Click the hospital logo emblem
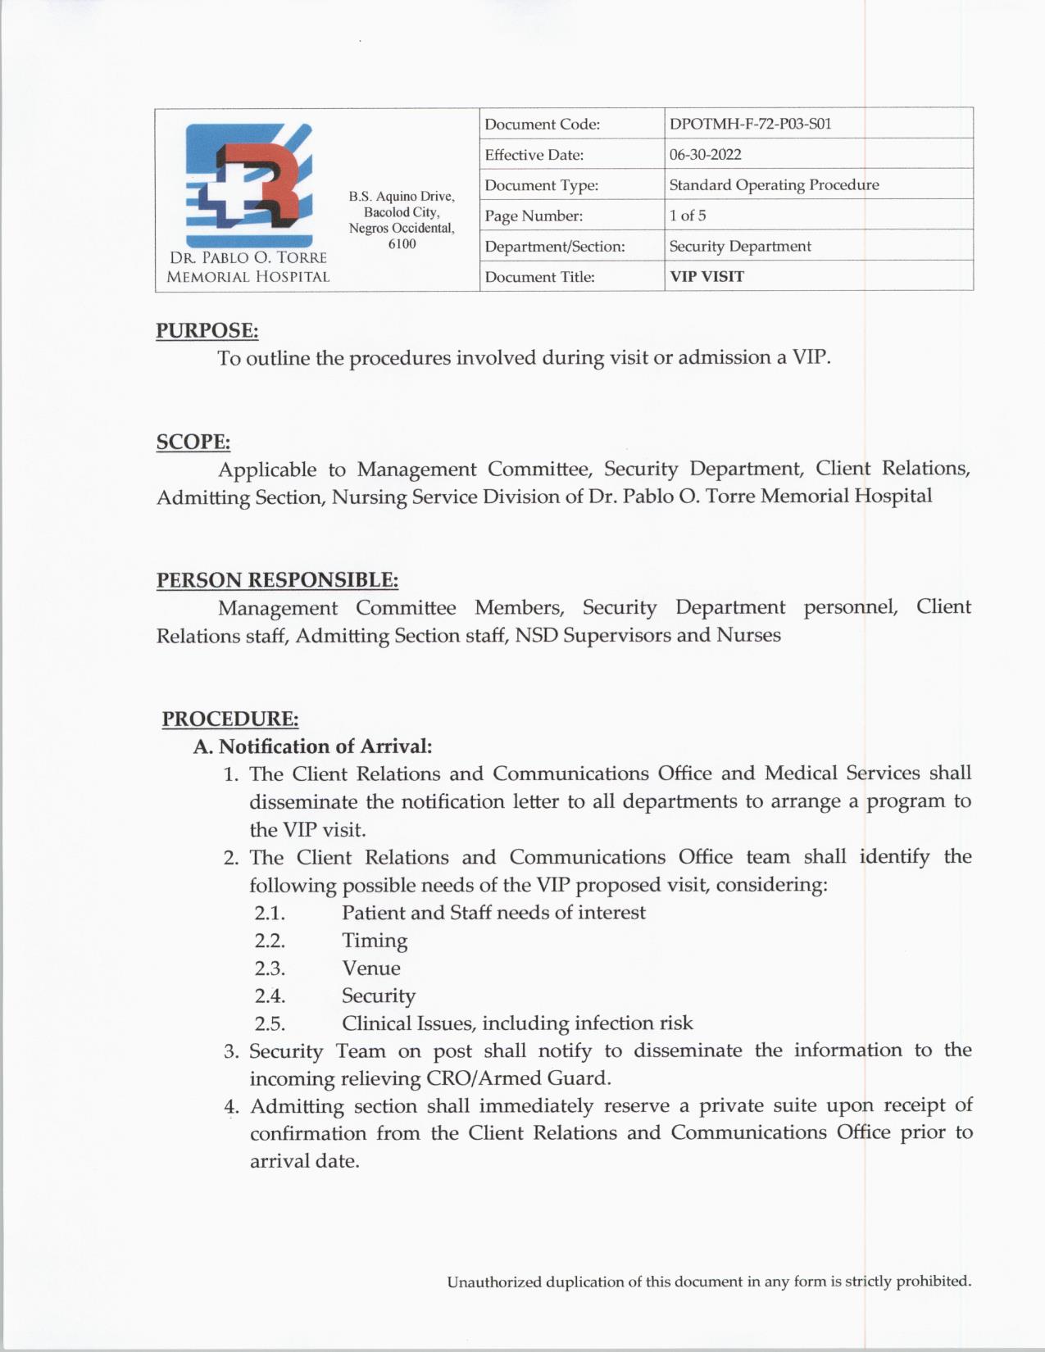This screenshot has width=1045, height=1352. [x=248, y=184]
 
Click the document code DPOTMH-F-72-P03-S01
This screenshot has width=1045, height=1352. [x=750, y=125]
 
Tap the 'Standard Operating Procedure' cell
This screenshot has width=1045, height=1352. [x=774, y=185]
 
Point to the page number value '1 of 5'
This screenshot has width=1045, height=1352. [x=687, y=216]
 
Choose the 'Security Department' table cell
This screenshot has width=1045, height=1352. [x=739, y=247]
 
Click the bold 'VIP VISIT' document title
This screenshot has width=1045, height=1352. [x=707, y=277]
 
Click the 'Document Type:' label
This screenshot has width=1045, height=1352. [x=541, y=186]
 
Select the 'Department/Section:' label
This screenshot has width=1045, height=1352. [x=554, y=247]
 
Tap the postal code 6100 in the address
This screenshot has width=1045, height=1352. [x=402, y=244]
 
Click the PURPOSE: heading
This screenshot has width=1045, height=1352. [x=207, y=331]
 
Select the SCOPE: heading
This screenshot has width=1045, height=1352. [x=193, y=442]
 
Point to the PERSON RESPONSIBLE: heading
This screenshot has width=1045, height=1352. [x=277, y=580]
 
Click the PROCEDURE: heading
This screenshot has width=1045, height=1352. [x=229, y=719]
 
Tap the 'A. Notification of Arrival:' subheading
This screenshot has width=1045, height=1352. [x=312, y=746]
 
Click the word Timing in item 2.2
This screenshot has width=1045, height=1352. [x=375, y=941]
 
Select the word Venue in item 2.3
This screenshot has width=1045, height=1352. [x=371, y=969]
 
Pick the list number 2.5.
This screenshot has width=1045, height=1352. [x=270, y=1024]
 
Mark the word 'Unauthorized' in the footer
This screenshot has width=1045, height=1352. [x=494, y=1282]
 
